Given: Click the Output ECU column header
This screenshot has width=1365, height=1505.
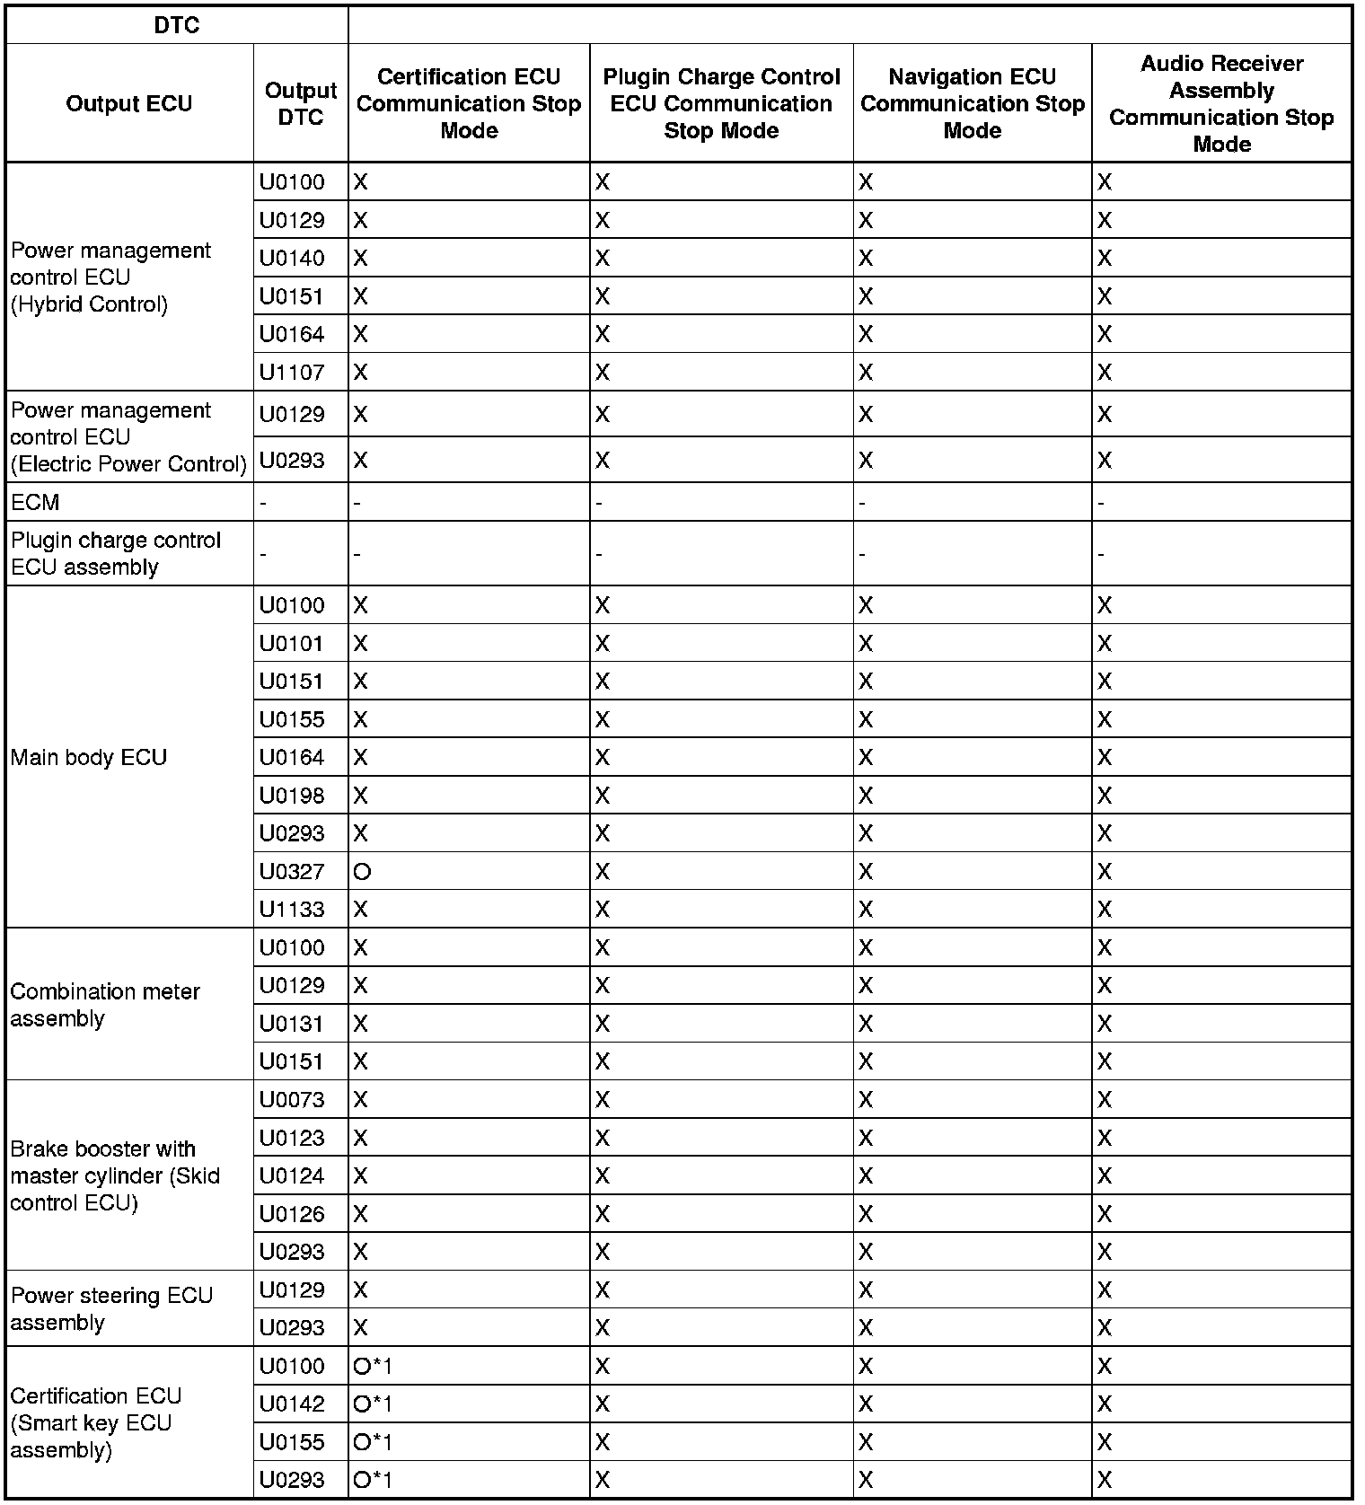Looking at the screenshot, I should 129,103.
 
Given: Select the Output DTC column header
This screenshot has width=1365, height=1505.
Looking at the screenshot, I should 301,103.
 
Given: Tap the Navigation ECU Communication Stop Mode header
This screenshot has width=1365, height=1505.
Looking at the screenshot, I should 973,103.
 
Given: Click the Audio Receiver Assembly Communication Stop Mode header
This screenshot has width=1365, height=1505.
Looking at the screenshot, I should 1221,103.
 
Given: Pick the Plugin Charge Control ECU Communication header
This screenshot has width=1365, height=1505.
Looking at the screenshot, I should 721,103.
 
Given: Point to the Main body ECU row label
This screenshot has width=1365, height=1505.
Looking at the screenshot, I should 89,757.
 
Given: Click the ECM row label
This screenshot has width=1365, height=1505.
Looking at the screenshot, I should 35,502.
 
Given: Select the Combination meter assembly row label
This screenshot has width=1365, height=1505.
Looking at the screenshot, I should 105,1005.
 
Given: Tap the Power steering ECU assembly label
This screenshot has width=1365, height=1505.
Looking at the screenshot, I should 111,1308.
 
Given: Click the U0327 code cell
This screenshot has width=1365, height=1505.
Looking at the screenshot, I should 292,871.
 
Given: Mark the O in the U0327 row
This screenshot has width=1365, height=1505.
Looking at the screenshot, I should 362,871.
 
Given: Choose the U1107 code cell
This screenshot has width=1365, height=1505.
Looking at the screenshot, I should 292,372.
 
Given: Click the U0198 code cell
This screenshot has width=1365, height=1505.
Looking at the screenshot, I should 292,796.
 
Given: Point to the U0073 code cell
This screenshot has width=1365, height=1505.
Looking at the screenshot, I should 292,1099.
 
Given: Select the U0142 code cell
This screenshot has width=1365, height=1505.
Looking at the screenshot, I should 292,1404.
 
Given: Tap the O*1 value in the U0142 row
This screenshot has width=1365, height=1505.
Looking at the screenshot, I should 373,1404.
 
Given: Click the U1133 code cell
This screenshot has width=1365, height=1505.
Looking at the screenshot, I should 292,909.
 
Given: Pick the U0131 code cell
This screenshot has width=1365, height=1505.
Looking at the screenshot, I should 292,1024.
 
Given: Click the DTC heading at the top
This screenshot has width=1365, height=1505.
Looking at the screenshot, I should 177,25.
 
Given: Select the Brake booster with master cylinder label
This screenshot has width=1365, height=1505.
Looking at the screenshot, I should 115,1175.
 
